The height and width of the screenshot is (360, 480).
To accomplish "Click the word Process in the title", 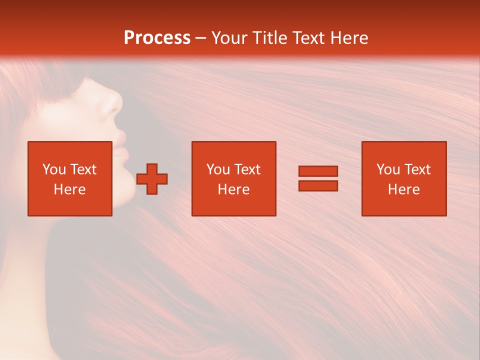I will coord(157,38).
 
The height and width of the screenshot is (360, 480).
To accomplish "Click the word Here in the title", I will coord(350,38).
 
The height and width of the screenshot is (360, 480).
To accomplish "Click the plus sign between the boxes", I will coord(152,179).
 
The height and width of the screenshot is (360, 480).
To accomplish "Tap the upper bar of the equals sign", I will coord(318,171).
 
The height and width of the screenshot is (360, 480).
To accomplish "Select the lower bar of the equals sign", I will coord(318,186).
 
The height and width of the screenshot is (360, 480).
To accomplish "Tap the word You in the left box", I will coord(54,169).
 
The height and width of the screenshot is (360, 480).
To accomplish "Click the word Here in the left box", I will coord(70,189).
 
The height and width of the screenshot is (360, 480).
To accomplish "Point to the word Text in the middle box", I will coord(247,169).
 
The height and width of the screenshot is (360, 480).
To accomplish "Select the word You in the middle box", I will coord(218,169).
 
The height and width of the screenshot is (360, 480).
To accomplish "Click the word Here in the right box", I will coord(403,189).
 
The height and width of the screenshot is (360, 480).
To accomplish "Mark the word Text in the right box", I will coord(417,169).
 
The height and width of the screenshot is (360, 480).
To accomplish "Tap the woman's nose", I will coord(114,102).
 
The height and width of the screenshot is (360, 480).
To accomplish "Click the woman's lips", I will coord(120,150).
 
